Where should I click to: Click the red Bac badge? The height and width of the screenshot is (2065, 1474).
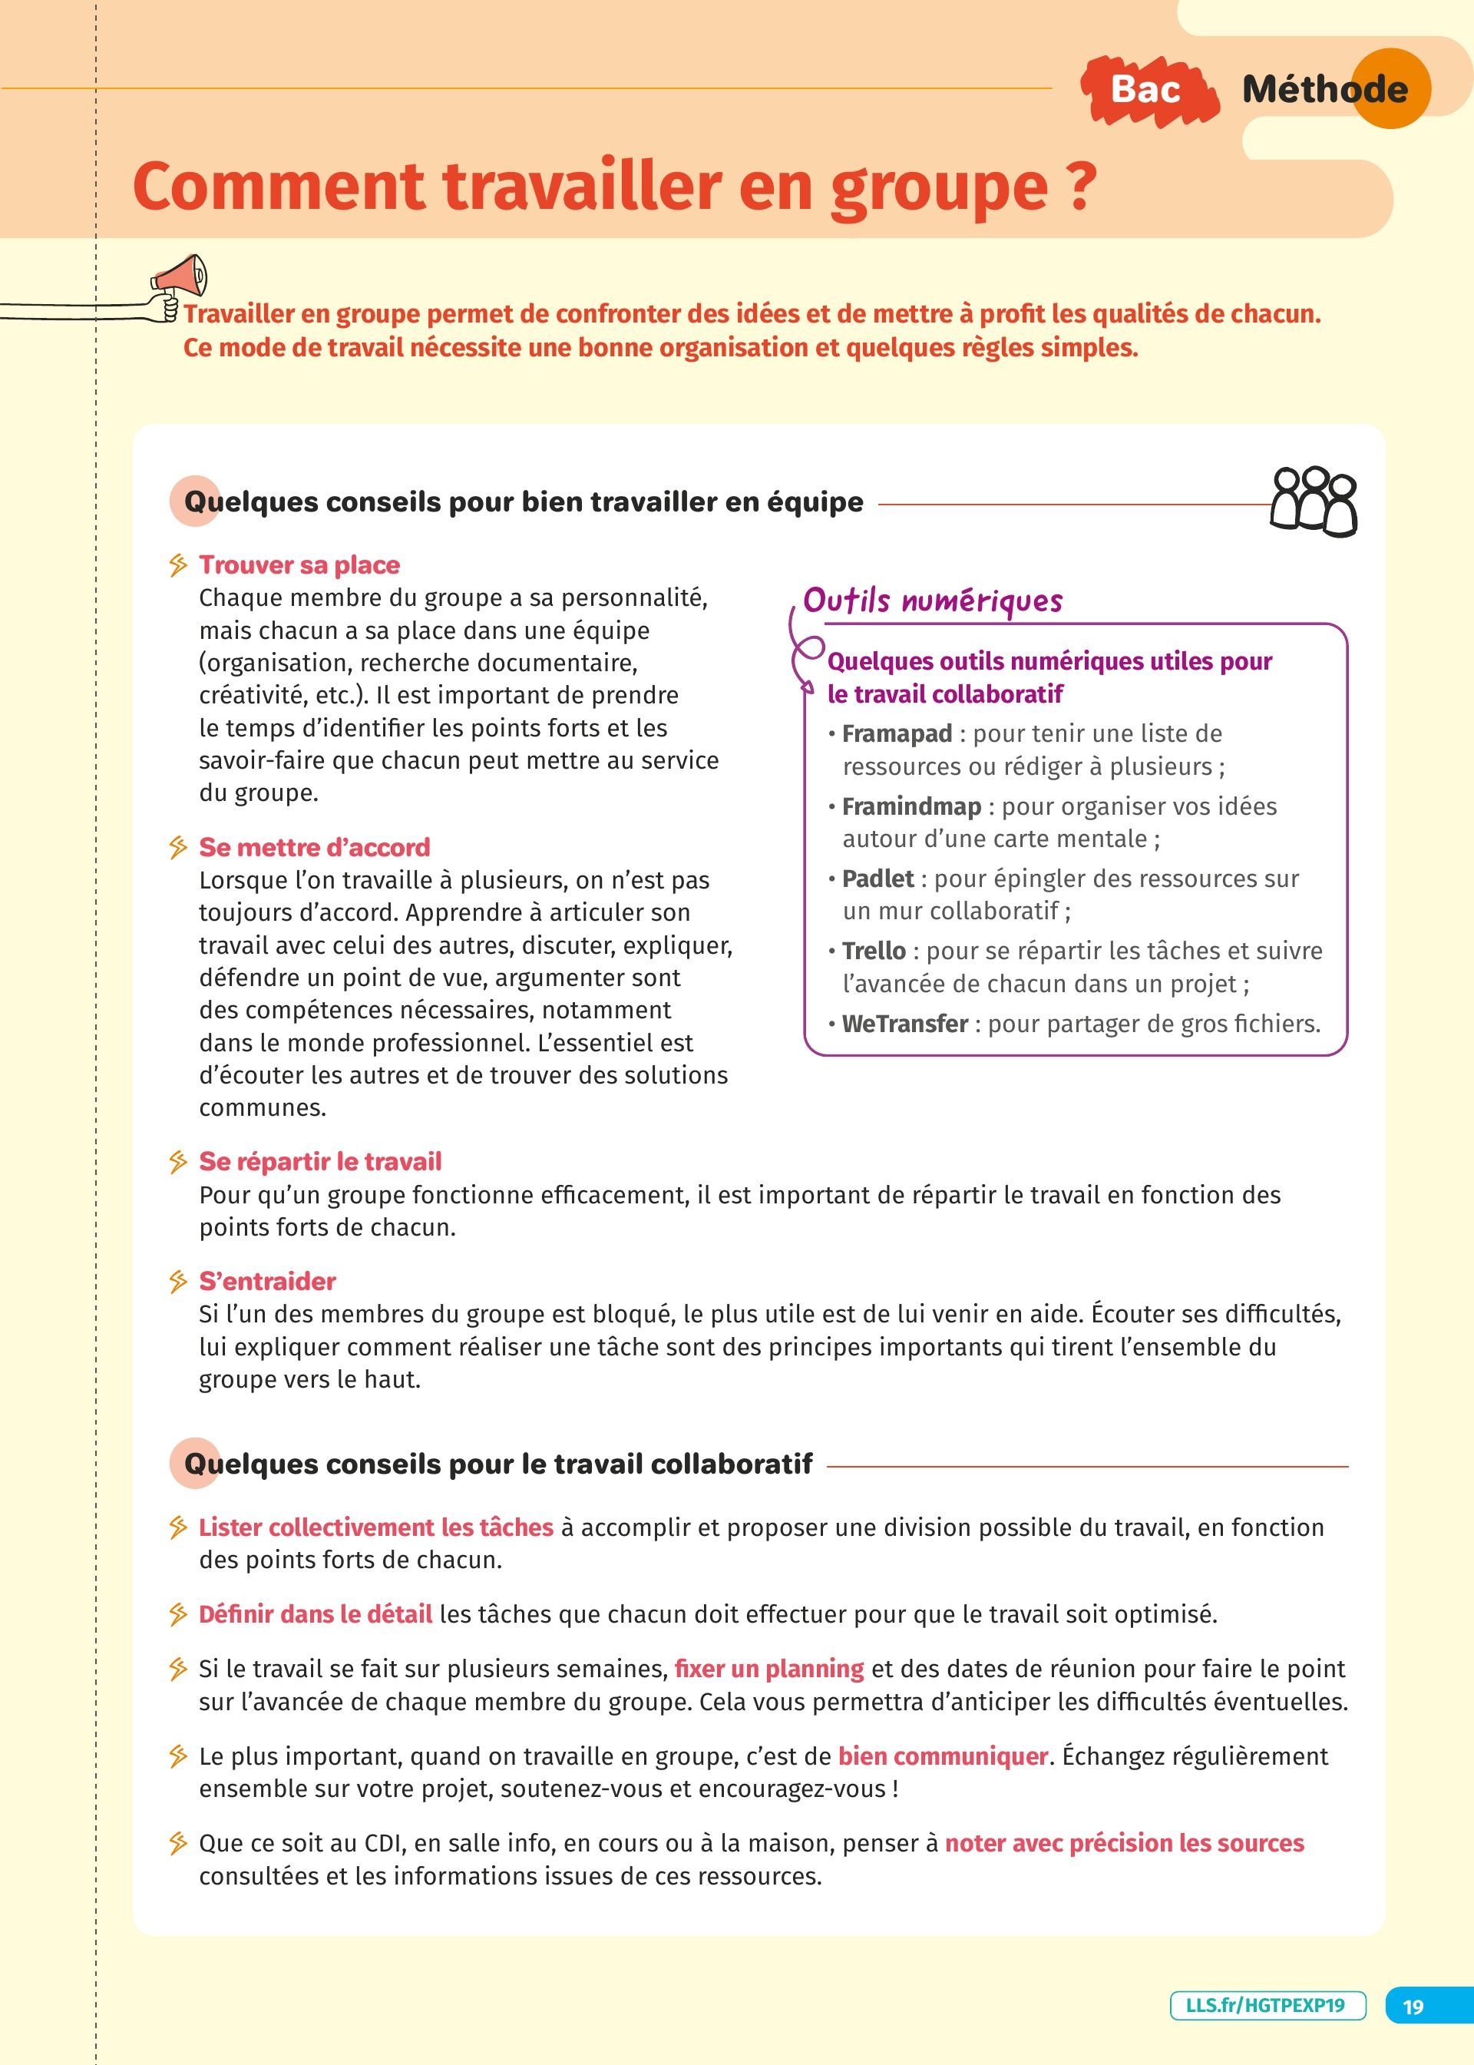[x=1147, y=89]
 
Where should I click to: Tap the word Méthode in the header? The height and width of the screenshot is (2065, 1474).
[x=1324, y=89]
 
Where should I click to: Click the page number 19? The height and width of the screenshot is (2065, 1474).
[x=1413, y=2006]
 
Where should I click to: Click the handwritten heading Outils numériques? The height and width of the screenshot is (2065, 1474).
[x=932, y=601]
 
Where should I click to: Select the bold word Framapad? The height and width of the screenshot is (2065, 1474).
[x=897, y=733]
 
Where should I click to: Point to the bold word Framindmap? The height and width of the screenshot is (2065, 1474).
[x=911, y=806]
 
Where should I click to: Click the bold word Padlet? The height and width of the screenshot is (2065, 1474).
[x=877, y=879]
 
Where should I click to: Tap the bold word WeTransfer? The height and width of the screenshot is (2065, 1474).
[x=905, y=1024]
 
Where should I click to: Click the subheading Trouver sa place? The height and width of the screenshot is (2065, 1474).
[x=299, y=564]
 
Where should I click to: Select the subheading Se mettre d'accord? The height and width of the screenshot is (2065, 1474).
[x=314, y=847]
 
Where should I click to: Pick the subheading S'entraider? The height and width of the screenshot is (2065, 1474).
[x=268, y=1281]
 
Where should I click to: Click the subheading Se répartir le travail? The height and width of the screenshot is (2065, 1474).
[x=320, y=1162]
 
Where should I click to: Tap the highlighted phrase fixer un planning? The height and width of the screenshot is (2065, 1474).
[x=768, y=1668]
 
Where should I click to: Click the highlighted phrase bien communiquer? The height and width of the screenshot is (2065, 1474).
[x=943, y=1756]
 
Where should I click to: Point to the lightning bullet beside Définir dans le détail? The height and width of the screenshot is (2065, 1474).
[x=178, y=1615]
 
